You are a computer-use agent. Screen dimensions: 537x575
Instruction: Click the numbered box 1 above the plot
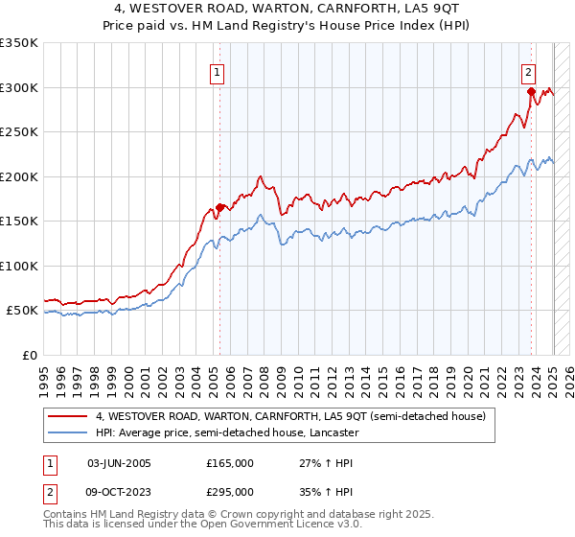click(x=218, y=71)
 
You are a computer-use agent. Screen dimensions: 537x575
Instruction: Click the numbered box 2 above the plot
click(x=528, y=71)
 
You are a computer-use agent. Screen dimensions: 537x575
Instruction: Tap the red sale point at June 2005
click(x=219, y=207)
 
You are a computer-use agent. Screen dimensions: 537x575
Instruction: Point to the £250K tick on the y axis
click(x=19, y=132)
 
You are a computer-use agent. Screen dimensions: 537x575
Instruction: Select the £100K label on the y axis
click(x=19, y=266)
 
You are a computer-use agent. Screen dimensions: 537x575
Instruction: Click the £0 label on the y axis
click(x=31, y=355)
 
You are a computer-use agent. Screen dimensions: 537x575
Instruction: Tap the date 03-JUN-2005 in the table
click(x=119, y=463)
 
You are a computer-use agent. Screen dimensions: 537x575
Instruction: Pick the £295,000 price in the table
click(x=230, y=491)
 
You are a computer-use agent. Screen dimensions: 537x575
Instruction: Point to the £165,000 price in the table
click(x=230, y=463)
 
